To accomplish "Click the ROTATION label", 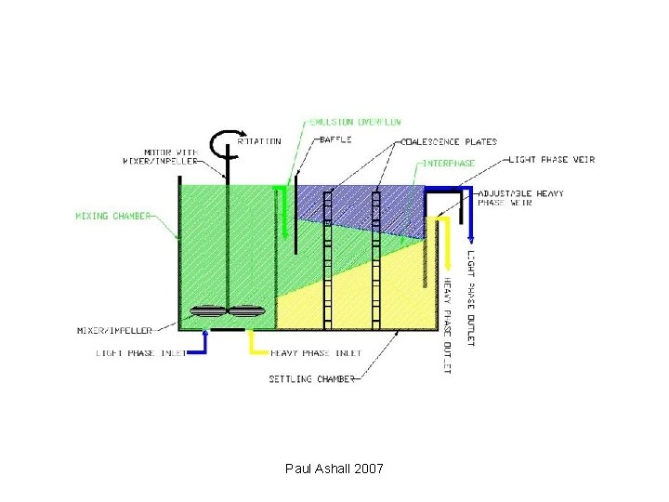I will point(259,142).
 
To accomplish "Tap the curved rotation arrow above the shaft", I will point(223,143).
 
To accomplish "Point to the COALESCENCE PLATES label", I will point(450,142).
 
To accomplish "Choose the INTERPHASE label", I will point(450,163).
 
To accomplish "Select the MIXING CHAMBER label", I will point(113,217).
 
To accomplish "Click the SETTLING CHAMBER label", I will point(312,379).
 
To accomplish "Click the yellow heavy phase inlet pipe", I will point(251,342).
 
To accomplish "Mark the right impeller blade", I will point(248,313).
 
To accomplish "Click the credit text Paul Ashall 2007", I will point(334,469).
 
